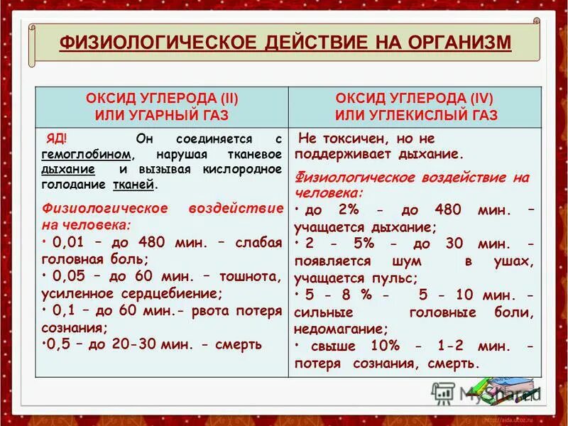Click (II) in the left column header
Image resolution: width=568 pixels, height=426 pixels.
point(220,97)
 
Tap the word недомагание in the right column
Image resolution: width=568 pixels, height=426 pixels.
point(341,329)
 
